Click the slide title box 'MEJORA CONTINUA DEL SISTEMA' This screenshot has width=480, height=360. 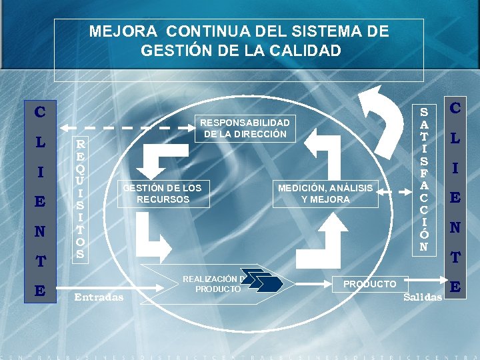click(x=239, y=41)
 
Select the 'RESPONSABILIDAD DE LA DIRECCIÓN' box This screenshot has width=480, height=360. click(x=245, y=128)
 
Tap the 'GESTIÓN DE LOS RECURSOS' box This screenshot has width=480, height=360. click(x=162, y=193)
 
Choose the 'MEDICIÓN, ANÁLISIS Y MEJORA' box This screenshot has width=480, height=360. click(x=325, y=193)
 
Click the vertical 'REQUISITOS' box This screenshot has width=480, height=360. click(x=80, y=199)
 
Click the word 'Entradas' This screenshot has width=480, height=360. click(x=99, y=297)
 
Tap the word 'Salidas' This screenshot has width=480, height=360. click(x=423, y=297)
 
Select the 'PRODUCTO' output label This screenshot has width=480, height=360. click(x=369, y=284)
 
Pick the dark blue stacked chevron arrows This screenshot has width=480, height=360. click(x=261, y=283)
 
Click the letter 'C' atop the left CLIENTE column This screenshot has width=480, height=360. click(x=40, y=113)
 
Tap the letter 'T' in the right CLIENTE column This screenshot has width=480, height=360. click(x=455, y=257)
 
